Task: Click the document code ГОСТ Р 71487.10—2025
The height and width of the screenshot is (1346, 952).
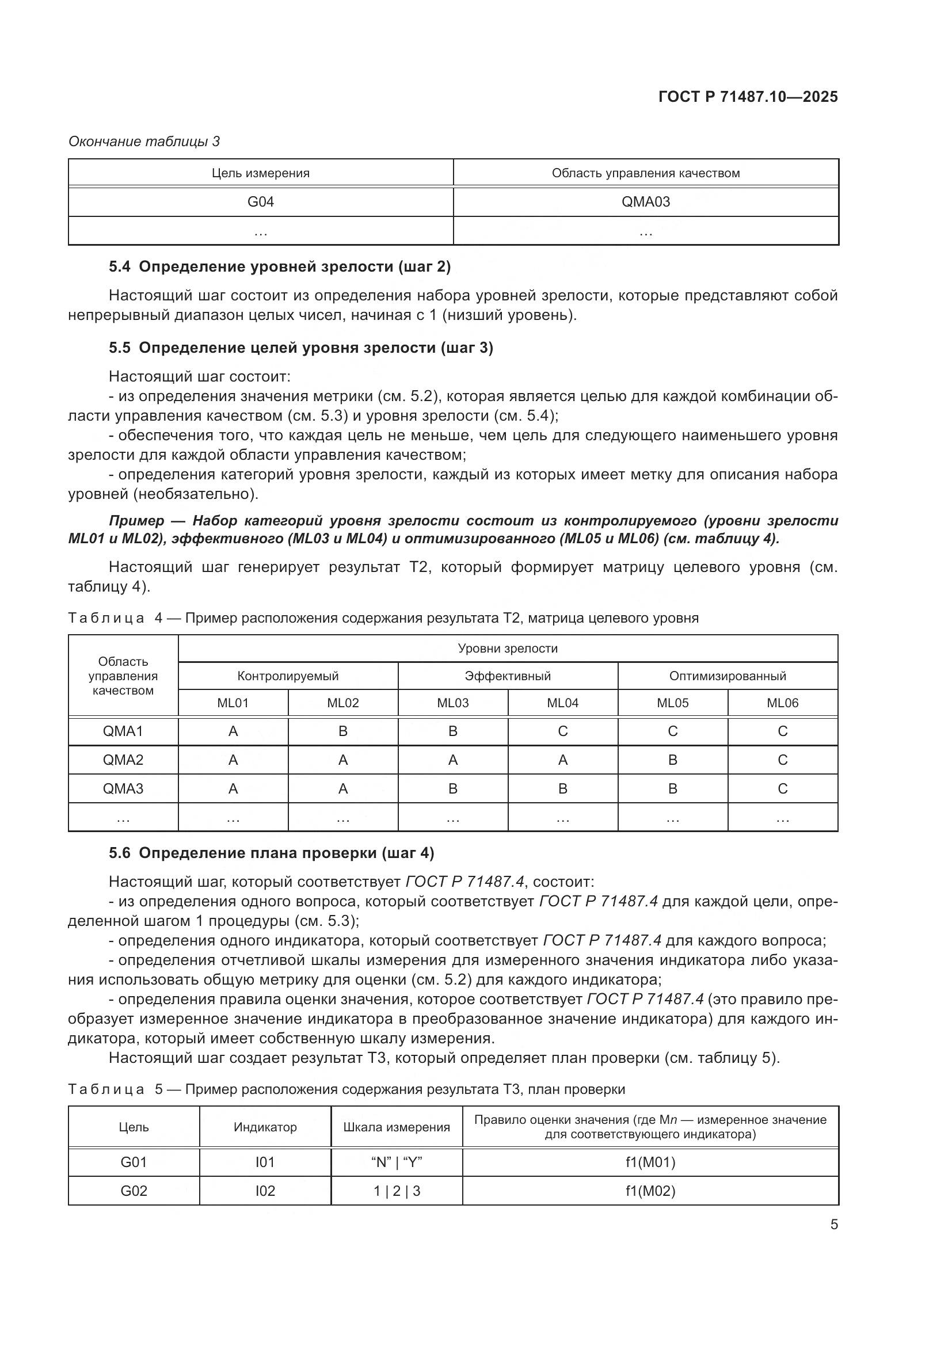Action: point(748,97)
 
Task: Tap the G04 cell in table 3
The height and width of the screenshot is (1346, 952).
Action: point(260,201)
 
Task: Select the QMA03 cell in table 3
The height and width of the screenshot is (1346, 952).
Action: point(645,201)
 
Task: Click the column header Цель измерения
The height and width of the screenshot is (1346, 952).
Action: point(260,173)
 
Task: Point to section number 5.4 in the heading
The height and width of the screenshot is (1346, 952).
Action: point(120,267)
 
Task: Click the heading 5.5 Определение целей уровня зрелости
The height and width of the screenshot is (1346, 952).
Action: point(300,348)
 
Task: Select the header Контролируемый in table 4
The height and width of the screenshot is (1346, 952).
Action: point(288,676)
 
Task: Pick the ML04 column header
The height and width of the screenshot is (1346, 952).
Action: point(562,703)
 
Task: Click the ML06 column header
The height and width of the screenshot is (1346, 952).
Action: point(782,703)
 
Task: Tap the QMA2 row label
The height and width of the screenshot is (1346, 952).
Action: point(123,760)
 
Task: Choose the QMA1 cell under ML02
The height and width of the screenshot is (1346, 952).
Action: point(343,731)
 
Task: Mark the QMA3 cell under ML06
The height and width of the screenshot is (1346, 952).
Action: point(782,788)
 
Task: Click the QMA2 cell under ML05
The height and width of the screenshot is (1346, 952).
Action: point(672,760)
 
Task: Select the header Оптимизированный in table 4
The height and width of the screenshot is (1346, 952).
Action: point(727,676)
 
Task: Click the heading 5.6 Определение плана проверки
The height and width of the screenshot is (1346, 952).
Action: point(272,853)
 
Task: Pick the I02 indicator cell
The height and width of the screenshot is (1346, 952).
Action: point(265,1191)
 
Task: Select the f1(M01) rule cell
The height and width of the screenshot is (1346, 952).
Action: point(650,1162)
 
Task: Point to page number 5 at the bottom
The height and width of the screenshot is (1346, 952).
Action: point(833,1225)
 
